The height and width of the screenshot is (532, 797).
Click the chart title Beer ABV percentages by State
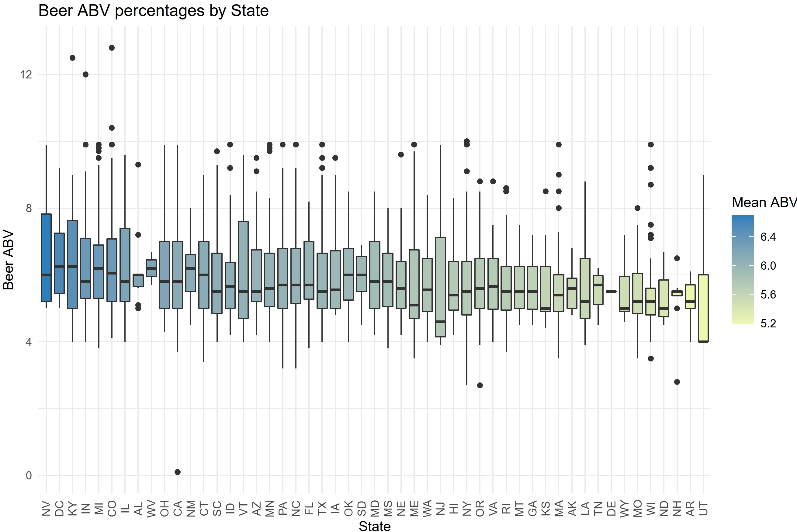pyautogui.click(x=153, y=11)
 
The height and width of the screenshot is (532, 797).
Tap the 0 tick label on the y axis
pyautogui.click(x=29, y=475)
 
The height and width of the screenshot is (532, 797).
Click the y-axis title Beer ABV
pyautogui.click(x=8, y=260)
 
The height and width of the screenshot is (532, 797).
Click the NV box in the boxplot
pyautogui.click(x=46, y=257)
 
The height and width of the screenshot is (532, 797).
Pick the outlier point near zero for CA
pyautogui.click(x=178, y=472)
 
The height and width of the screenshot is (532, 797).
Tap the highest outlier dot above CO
pyautogui.click(x=112, y=48)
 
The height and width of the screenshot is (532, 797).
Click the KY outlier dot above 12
pyautogui.click(x=72, y=58)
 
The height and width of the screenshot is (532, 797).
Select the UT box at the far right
pyautogui.click(x=703, y=309)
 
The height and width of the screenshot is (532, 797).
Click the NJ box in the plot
pyautogui.click(x=440, y=287)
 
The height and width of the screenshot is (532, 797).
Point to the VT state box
pyautogui.click(x=243, y=270)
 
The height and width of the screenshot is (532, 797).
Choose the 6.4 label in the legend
pyautogui.click(x=768, y=237)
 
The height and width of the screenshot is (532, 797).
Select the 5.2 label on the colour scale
pyautogui.click(x=768, y=323)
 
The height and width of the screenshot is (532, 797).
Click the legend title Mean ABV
pyautogui.click(x=764, y=202)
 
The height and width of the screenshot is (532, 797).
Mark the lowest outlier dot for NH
pyautogui.click(x=677, y=382)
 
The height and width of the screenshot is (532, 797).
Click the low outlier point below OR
pyautogui.click(x=480, y=385)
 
